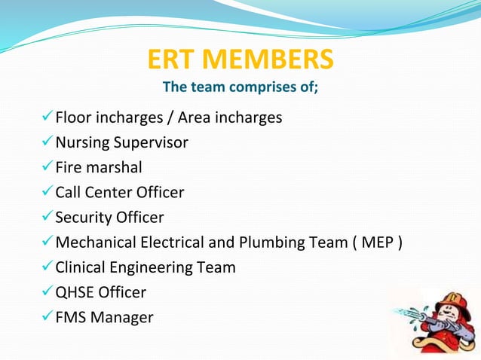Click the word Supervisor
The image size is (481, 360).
pyautogui.click(x=152, y=143)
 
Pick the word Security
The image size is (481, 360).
pyautogui.click(x=83, y=218)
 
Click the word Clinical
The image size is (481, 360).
pyautogui.click(x=83, y=267)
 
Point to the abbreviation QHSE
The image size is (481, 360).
pyautogui.click(x=76, y=292)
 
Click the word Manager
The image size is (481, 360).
pyautogui.click(x=121, y=318)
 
